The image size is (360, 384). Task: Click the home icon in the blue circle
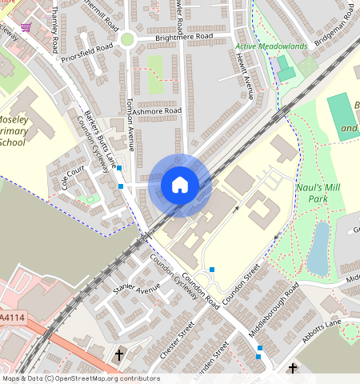[x=180, y=186]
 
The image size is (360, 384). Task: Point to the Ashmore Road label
[x=158, y=111]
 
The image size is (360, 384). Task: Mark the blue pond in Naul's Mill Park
[x=318, y=248]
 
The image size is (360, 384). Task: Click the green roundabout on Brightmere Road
[x=126, y=38]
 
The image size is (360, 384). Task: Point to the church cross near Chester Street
[x=119, y=354]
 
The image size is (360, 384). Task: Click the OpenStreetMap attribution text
[x=80, y=378]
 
